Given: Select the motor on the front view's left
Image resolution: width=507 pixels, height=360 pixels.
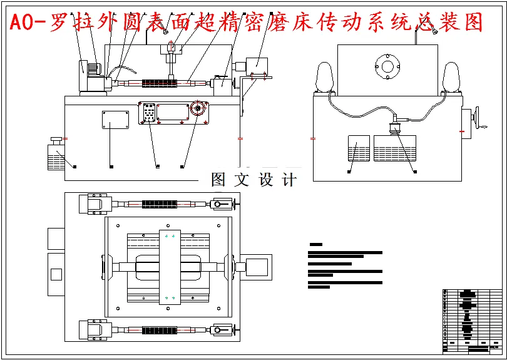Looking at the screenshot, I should point(88,75).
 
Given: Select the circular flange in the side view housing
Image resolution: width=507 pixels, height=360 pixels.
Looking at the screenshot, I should point(387,66).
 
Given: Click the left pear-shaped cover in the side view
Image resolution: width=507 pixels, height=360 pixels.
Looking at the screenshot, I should point(325,78).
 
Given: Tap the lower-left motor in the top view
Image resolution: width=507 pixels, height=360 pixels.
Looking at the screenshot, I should point(95,329).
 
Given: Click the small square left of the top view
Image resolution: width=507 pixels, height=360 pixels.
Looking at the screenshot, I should point(56,274).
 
